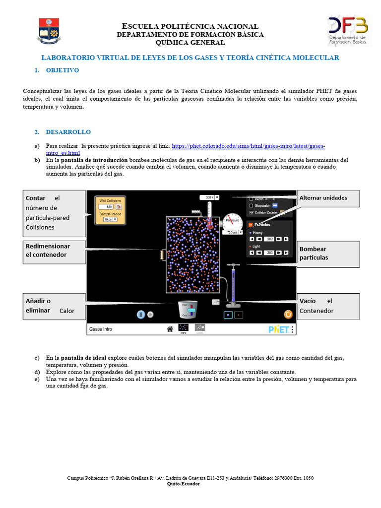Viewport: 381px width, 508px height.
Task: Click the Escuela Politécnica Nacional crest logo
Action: [49, 30]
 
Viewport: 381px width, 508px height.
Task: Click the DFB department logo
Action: [348, 31]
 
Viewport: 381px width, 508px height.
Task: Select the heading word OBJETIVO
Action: [62, 70]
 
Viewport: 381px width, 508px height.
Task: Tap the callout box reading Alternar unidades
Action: [328, 198]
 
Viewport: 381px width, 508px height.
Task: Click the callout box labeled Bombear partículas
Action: [328, 254]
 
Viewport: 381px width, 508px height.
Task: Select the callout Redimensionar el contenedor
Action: [54, 251]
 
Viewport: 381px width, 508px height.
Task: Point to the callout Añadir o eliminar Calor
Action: [54, 306]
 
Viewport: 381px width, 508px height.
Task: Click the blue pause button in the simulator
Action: [141, 314]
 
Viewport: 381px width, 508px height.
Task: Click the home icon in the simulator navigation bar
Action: [170, 328]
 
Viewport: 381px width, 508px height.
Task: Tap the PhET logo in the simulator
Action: [278, 329]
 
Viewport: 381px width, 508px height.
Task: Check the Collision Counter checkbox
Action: [251, 213]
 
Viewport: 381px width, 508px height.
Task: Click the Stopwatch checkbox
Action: [251, 205]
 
